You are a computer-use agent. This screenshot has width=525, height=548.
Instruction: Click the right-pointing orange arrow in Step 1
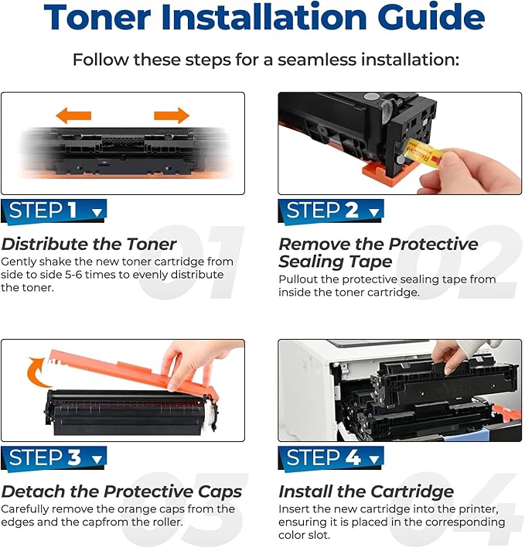(x=172, y=116)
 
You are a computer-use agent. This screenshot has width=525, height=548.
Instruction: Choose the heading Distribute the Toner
(x=89, y=245)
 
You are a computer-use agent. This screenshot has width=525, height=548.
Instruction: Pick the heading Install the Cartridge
(x=366, y=491)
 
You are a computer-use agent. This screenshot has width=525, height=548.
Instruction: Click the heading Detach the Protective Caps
(x=121, y=491)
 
